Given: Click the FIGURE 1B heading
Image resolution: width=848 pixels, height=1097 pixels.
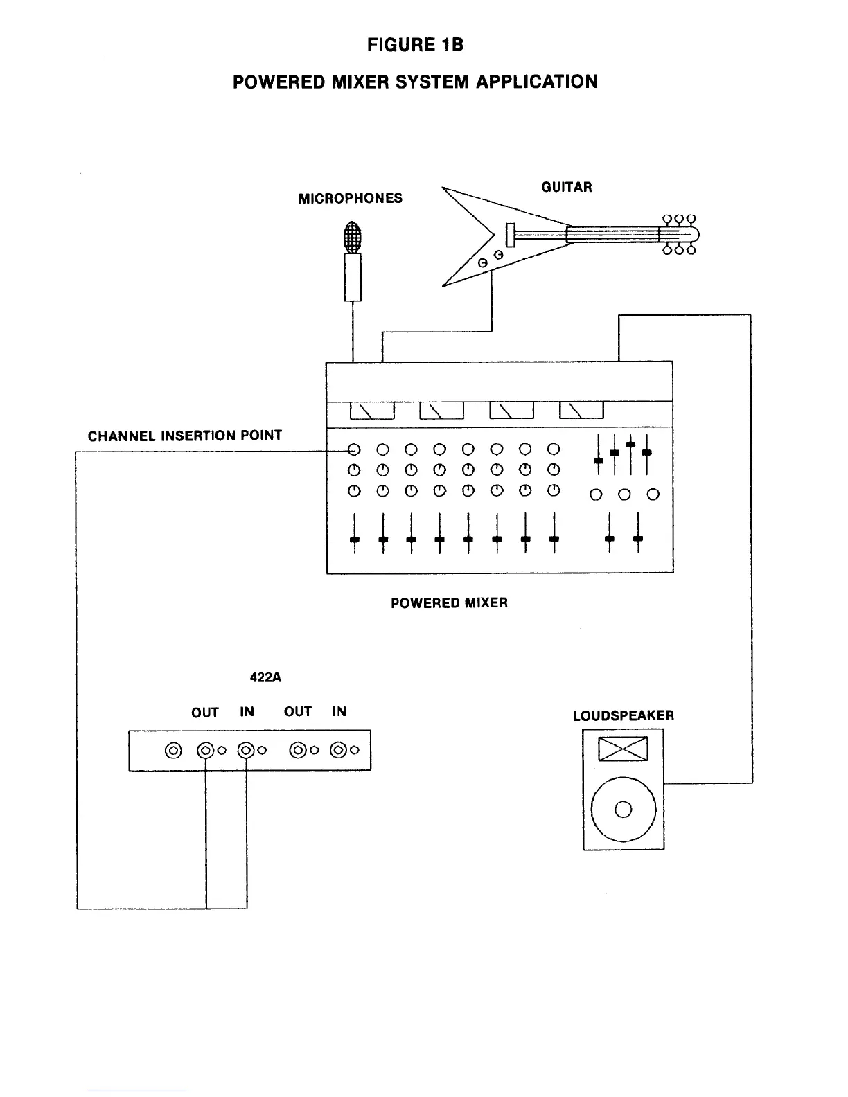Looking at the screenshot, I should coord(415,46).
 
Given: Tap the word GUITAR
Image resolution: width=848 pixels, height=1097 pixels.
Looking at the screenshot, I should coord(566,187).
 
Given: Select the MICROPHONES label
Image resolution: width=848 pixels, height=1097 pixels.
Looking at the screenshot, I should coord(350,199).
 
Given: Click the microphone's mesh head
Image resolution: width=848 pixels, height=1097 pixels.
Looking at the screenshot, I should coord(353,237).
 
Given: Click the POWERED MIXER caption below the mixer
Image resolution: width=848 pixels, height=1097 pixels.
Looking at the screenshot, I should coord(449,603).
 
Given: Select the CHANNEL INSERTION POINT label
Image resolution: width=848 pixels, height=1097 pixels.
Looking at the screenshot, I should coord(185,436).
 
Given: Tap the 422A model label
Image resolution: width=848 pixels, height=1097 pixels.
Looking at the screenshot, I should coord(265,677).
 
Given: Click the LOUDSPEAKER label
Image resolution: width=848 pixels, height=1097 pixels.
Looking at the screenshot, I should coord(623,716).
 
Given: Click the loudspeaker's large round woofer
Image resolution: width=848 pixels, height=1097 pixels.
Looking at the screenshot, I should coord(624,809).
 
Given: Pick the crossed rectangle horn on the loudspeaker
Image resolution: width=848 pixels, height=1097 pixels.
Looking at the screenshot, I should coord(623,749).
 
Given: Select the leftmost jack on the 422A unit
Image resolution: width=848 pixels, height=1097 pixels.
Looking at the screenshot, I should coord(174,750).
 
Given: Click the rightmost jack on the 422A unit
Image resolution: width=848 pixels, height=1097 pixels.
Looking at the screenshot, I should coord(339,750).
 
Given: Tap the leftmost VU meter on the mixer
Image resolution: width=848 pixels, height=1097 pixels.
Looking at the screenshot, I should coord(372,411).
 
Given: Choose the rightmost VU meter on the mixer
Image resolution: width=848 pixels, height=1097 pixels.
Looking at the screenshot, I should coord(581,411).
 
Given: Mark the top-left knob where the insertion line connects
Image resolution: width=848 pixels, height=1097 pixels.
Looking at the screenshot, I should coord(354,449).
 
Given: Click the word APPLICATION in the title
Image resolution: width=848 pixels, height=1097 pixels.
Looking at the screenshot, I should coord(536,82).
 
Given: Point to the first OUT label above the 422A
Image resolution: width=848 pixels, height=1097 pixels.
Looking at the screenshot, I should coord(205,713).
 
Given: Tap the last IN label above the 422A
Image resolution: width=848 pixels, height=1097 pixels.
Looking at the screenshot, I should coord(339,712).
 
